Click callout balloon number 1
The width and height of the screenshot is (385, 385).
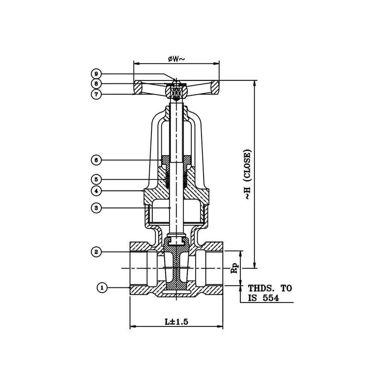[102, 288]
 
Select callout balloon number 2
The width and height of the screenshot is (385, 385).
[97, 252]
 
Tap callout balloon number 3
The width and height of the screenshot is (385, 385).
[97, 208]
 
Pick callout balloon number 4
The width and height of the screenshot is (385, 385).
[97, 190]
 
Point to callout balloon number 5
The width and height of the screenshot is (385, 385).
[97, 178]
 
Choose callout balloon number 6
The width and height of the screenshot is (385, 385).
[97, 160]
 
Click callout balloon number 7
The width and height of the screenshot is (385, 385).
[97, 94]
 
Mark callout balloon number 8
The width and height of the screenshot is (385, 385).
[97, 83]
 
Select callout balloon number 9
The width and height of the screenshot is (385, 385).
[97, 73]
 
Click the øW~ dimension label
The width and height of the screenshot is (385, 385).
[176, 59]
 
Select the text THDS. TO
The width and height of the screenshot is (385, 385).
[269, 288]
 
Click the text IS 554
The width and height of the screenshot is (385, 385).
[264, 299]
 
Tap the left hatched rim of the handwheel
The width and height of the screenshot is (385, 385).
[139, 87]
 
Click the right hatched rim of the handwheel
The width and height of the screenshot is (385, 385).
[213, 87]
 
